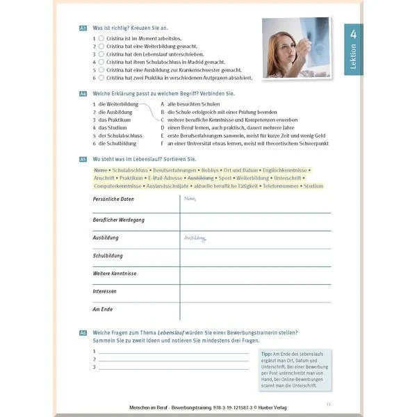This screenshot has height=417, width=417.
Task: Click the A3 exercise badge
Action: [x=83, y=28]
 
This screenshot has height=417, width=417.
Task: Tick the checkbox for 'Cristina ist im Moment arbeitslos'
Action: [x=101, y=39]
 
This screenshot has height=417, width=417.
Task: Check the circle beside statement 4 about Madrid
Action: [x=101, y=61]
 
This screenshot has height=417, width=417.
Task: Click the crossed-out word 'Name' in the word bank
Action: [x=99, y=170]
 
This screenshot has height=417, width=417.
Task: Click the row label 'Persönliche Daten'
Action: [x=113, y=199]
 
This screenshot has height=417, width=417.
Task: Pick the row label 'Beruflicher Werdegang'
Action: [x=119, y=220]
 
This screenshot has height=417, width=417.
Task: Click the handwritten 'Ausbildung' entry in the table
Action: [x=195, y=238]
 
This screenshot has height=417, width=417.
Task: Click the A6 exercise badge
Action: [x=83, y=334]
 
